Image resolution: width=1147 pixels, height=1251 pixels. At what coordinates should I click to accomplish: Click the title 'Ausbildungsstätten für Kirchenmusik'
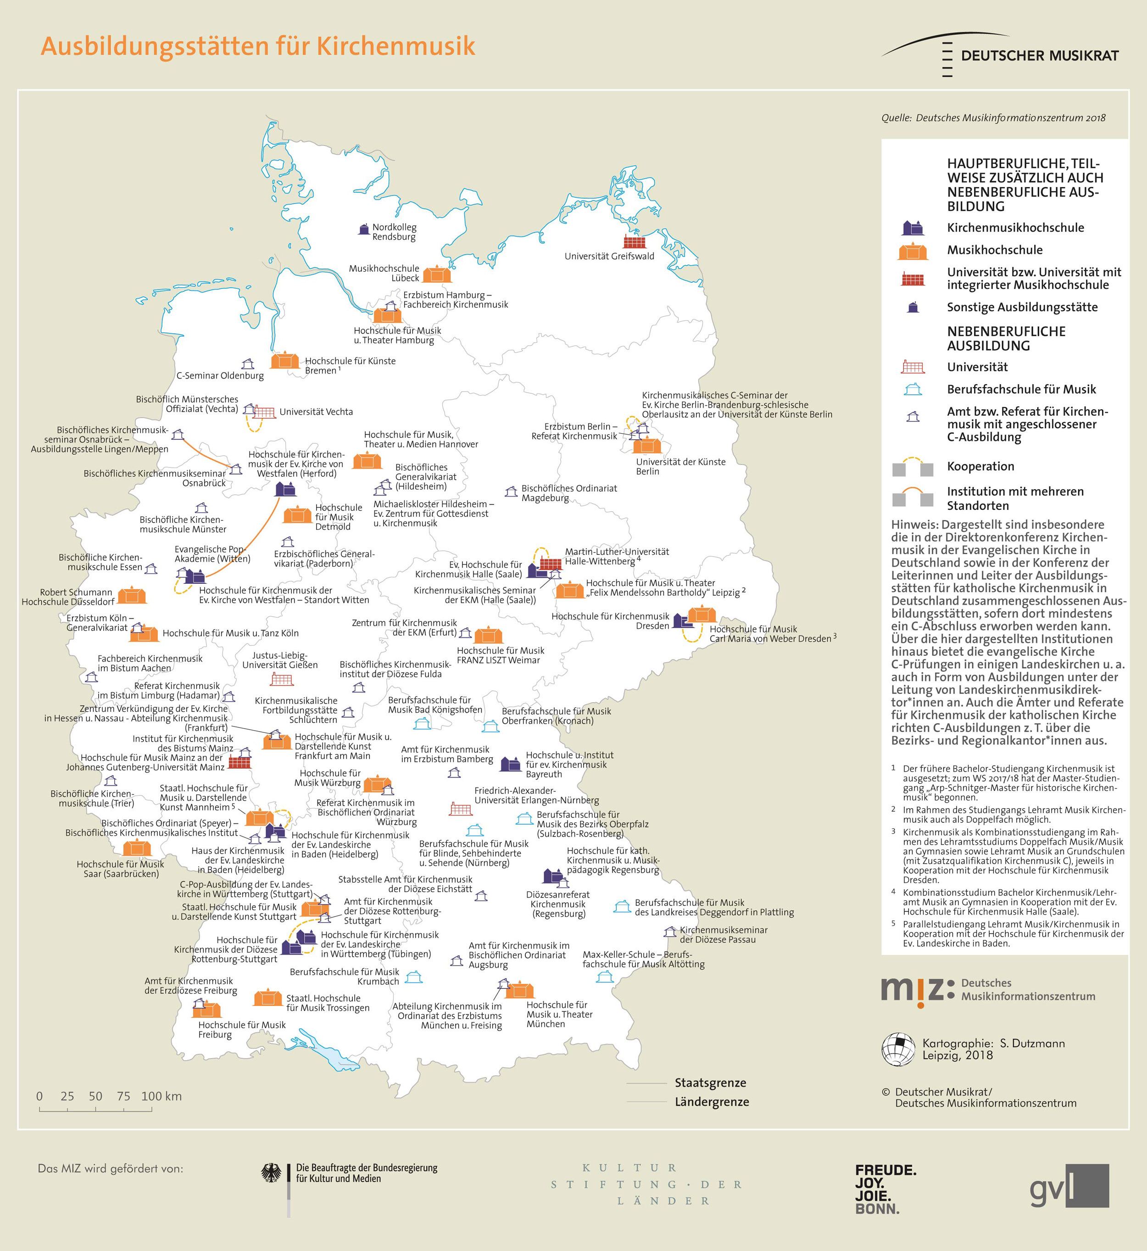click(x=257, y=46)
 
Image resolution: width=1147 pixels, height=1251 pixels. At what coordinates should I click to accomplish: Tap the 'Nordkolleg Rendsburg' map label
click(x=394, y=232)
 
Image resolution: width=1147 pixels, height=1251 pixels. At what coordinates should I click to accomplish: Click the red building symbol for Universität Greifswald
click(x=635, y=241)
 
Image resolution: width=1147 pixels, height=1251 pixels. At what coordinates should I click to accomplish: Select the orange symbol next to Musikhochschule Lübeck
click(x=437, y=274)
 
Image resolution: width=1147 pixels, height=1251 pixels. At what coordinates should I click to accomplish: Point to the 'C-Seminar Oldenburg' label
click(x=220, y=375)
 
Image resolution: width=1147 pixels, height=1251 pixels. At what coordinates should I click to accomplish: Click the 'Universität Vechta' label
click(x=316, y=412)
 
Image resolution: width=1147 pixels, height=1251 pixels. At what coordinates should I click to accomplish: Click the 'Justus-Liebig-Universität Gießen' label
click(x=280, y=660)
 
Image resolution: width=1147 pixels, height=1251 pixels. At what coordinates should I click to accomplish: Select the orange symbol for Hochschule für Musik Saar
click(x=137, y=848)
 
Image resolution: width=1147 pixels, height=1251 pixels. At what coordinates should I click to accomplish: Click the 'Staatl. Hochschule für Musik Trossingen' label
click(x=327, y=1003)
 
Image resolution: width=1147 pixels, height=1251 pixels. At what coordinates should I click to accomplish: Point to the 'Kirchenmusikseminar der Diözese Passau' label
click(x=723, y=934)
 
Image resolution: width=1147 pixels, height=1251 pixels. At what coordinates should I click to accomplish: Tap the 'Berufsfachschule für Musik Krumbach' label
click(x=345, y=976)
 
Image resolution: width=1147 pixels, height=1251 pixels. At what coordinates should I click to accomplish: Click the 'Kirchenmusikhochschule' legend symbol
click(x=913, y=228)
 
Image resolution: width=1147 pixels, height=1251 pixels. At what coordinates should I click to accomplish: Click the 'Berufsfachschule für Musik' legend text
click(x=1021, y=389)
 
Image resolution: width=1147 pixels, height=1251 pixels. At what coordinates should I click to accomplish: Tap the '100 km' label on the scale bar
click(x=161, y=1096)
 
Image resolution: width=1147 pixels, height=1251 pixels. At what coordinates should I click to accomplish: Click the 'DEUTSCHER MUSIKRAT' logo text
click(x=1040, y=56)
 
